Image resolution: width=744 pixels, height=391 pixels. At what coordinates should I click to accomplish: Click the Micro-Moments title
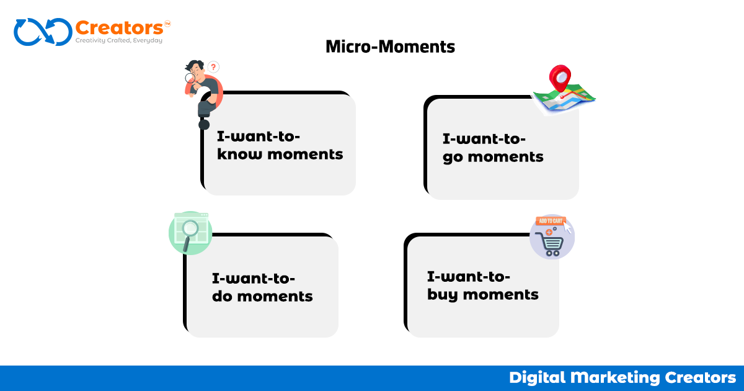tap(390, 47)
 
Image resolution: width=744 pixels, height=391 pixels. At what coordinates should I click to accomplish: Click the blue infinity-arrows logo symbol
tap(42, 32)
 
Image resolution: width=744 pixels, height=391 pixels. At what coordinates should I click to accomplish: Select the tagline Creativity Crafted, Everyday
tap(118, 41)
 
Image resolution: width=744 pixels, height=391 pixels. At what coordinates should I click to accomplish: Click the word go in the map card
tap(453, 157)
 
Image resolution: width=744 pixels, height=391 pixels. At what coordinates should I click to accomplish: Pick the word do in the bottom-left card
tap(222, 296)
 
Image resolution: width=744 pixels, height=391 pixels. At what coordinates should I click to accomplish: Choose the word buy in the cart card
tap(442, 294)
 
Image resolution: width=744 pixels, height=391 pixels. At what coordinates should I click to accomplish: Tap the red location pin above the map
tap(559, 79)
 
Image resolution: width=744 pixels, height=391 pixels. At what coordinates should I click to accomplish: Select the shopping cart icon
tap(551, 245)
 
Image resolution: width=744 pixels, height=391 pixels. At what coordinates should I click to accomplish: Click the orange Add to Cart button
tap(551, 220)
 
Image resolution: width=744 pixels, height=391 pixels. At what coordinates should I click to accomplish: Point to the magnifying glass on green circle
tap(191, 230)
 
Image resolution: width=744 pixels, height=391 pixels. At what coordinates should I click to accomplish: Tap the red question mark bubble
tap(213, 66)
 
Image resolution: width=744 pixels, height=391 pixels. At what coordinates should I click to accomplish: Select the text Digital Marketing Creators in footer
tap(622, 377)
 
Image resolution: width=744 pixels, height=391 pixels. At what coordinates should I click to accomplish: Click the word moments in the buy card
tap(501, 294)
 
